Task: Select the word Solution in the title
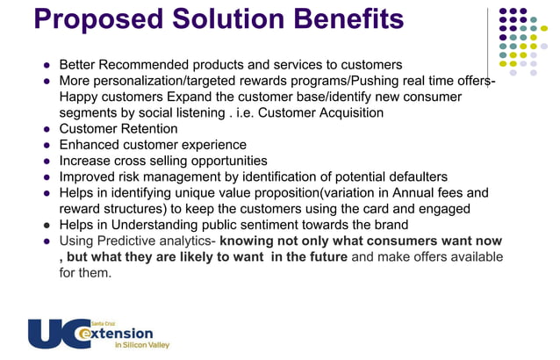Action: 233,19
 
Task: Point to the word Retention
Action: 148,129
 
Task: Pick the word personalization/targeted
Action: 174,81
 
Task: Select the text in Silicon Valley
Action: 142,346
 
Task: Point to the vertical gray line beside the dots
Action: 489,44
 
